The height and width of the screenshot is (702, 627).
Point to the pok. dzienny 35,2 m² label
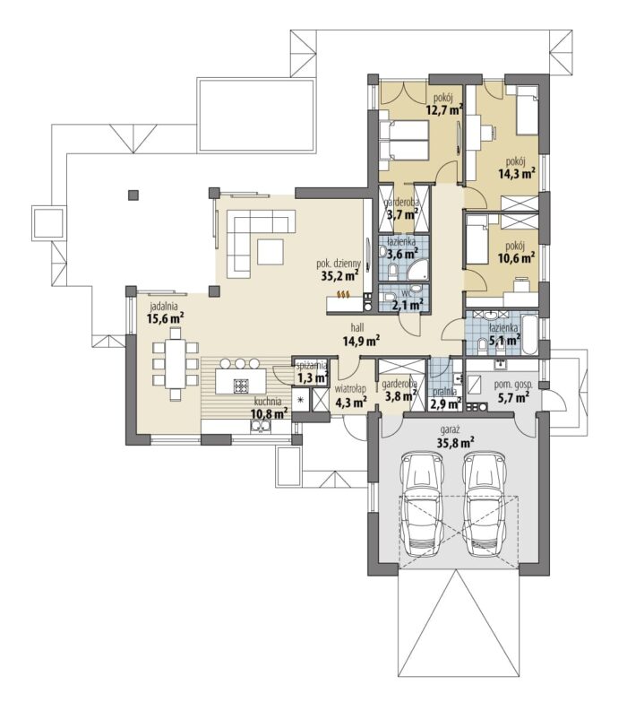pos(339,270)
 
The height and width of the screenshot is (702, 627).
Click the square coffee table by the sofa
pos(271,252)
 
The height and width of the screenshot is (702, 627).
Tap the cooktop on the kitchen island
pos(242,385)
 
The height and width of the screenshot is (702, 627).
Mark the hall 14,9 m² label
pos(361,336)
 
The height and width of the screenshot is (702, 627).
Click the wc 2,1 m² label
pos(408,301)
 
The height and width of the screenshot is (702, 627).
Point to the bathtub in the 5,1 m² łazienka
pos(530,334)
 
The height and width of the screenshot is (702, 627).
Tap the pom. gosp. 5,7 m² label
pos(511,391)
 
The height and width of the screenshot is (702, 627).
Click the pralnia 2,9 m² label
pos(445,397)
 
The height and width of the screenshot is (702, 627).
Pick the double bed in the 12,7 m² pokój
pos(403,140)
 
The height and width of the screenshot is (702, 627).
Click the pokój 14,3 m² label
pos(518,169)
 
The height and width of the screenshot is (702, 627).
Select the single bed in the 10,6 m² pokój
pos(477,240)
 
